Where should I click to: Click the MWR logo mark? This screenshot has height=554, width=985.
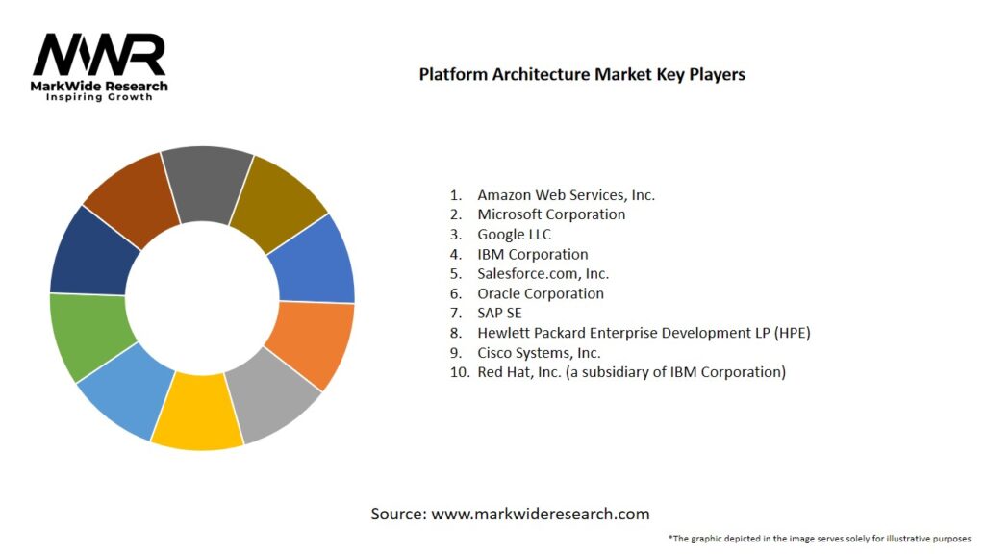point(100,56)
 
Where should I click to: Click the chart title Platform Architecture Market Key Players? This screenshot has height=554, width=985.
point(582,74)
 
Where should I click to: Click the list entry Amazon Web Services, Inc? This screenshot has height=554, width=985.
point(566,194)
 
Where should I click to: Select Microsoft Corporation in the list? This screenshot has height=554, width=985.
point(551,214)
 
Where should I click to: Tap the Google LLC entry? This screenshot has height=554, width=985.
point(514,235)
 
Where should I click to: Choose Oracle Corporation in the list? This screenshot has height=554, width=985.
point(541,293)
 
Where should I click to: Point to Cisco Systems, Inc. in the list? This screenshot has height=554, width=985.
point(539,352)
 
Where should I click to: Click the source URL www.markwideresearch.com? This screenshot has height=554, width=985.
point(540,514)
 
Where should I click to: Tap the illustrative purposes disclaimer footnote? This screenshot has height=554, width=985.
point(819,539)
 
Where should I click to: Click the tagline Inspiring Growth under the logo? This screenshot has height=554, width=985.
point(99,97)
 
